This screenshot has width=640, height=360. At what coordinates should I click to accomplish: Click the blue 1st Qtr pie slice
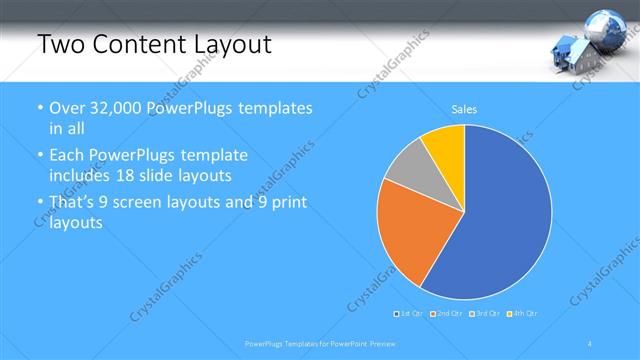pos(500,220)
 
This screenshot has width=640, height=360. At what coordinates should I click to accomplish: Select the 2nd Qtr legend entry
pos(447,314)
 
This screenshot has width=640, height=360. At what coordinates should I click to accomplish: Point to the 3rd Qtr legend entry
pos(485,314)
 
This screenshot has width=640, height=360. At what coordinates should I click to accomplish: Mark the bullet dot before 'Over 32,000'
pos(39,108)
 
